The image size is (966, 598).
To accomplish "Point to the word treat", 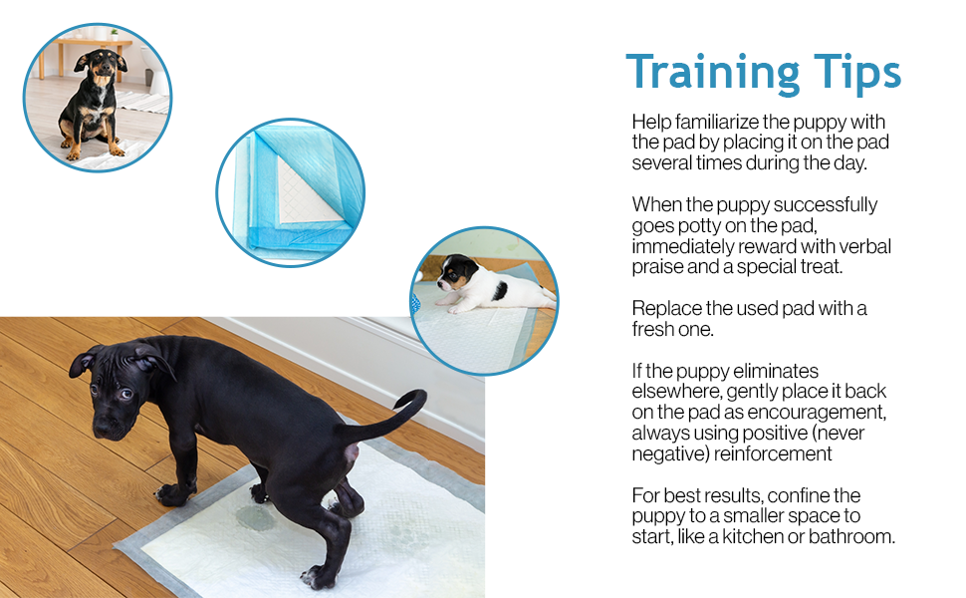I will (x=848, y=266).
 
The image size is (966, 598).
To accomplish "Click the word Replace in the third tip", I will (x=665, y=308).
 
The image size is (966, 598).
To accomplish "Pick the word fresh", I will (x=655, y=329).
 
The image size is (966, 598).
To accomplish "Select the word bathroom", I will (x=851, y=536).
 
